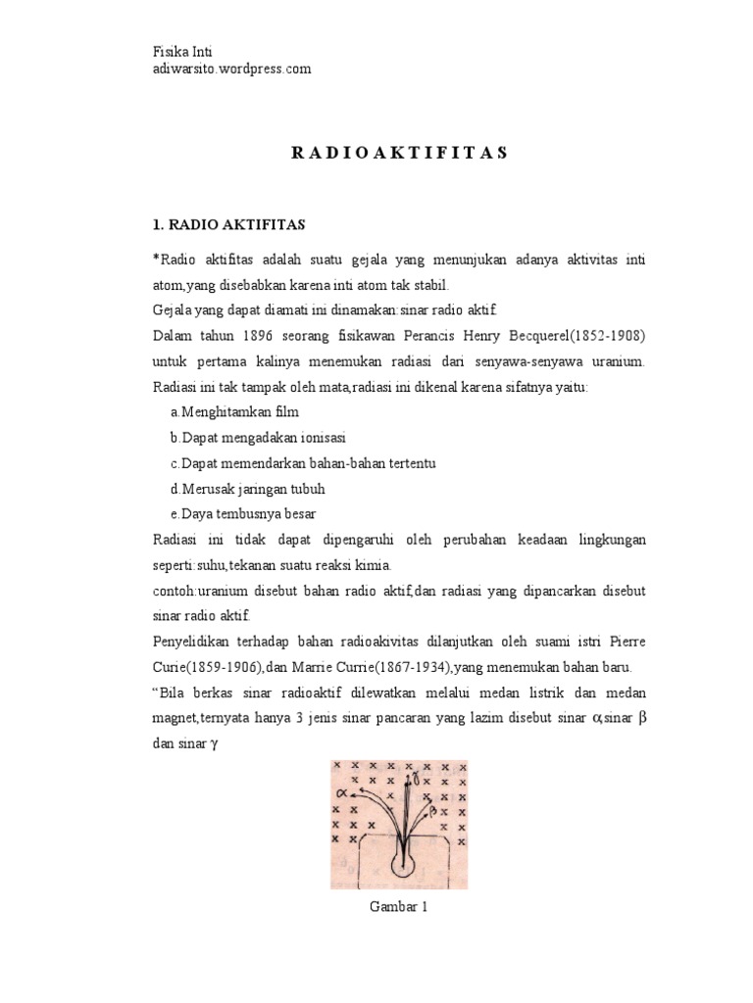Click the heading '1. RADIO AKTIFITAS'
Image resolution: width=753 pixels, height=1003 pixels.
tap(229, 224)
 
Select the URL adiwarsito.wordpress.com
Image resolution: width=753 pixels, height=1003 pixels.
tap(232, 69)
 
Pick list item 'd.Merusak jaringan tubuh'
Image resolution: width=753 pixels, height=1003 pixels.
tap(247, 489)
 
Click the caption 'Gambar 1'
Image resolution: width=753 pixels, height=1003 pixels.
tap(399, 907)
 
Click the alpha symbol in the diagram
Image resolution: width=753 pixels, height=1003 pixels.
tap(342, 792)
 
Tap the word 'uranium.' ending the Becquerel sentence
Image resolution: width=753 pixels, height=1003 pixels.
tap(616, 361)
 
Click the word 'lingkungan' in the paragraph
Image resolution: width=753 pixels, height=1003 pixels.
tap(610, 540)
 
